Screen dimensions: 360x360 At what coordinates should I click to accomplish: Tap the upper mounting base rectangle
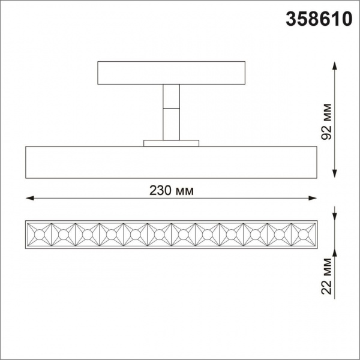pos(171,72)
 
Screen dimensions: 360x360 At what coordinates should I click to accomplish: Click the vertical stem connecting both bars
pos(171,112)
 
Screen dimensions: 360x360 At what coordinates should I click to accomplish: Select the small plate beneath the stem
pos(171,143)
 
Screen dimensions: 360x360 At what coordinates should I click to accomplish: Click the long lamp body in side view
pos(171,161)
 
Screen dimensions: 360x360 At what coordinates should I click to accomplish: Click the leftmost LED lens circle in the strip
pos(40,232)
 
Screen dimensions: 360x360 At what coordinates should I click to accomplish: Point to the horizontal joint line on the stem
pos(171,107)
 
